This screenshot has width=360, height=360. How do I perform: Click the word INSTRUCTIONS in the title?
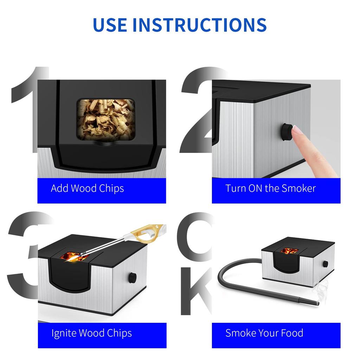(199, 24)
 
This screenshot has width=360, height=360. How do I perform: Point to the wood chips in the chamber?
(106, 120)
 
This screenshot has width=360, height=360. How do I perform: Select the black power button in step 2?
(285, 133)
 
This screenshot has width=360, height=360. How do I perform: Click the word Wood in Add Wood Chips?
(84, 188)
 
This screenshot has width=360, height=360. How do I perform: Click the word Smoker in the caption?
(298, 188)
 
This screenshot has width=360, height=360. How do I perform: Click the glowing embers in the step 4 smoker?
(290, 251)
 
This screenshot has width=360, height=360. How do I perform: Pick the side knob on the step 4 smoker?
(326, 264)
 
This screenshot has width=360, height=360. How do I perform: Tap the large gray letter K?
(195, 292)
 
